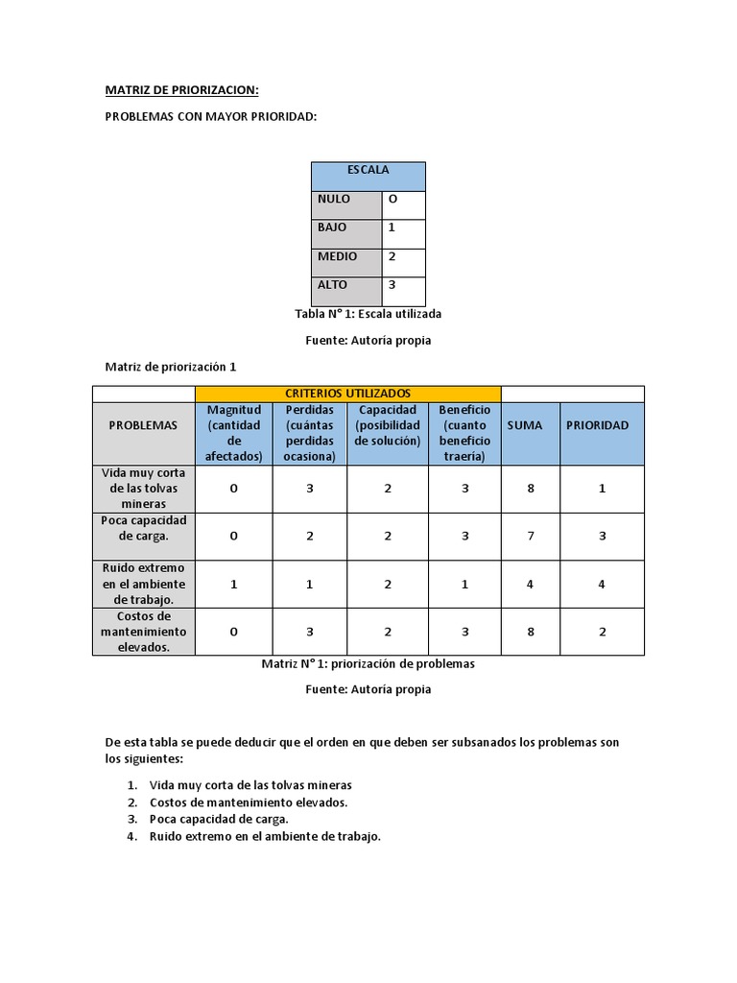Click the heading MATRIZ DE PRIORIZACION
tap(181, 90)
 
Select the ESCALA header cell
tap(368, 170)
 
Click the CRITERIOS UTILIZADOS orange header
tap(347, 394)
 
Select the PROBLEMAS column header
tap(143, 425)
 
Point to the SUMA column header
tap(524, 425)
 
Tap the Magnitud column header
tap(234, 433)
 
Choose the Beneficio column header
tap(465, 433)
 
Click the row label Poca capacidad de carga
tap(143, 528)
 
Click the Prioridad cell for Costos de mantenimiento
tap(602, 632)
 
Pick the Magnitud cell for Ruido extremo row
tap(234, 584)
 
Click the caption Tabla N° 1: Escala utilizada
tap(368, 314)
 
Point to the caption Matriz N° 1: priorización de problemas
tap(368, 663)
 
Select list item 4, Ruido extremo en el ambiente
tap(265, 836)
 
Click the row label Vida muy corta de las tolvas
tap(143, 488)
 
